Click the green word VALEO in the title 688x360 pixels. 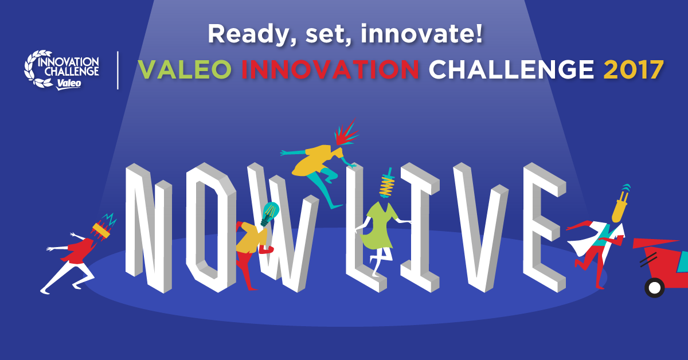tap(185, 69)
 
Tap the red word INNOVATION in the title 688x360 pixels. tap(330, 69)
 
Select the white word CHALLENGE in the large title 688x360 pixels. tap(511, 69)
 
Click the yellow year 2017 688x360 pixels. tap(634, 69)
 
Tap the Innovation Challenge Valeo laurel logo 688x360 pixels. tap(61, 70)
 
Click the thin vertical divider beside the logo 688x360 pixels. tap(118, 70)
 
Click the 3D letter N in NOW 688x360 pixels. tap(148, 228)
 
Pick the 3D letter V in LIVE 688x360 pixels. tap(481, 228)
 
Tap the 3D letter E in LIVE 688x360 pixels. tap(544, 228)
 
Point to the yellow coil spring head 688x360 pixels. tap(387, 183)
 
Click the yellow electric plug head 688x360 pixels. tap(620, 205)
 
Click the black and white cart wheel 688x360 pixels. tap(654, 288)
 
